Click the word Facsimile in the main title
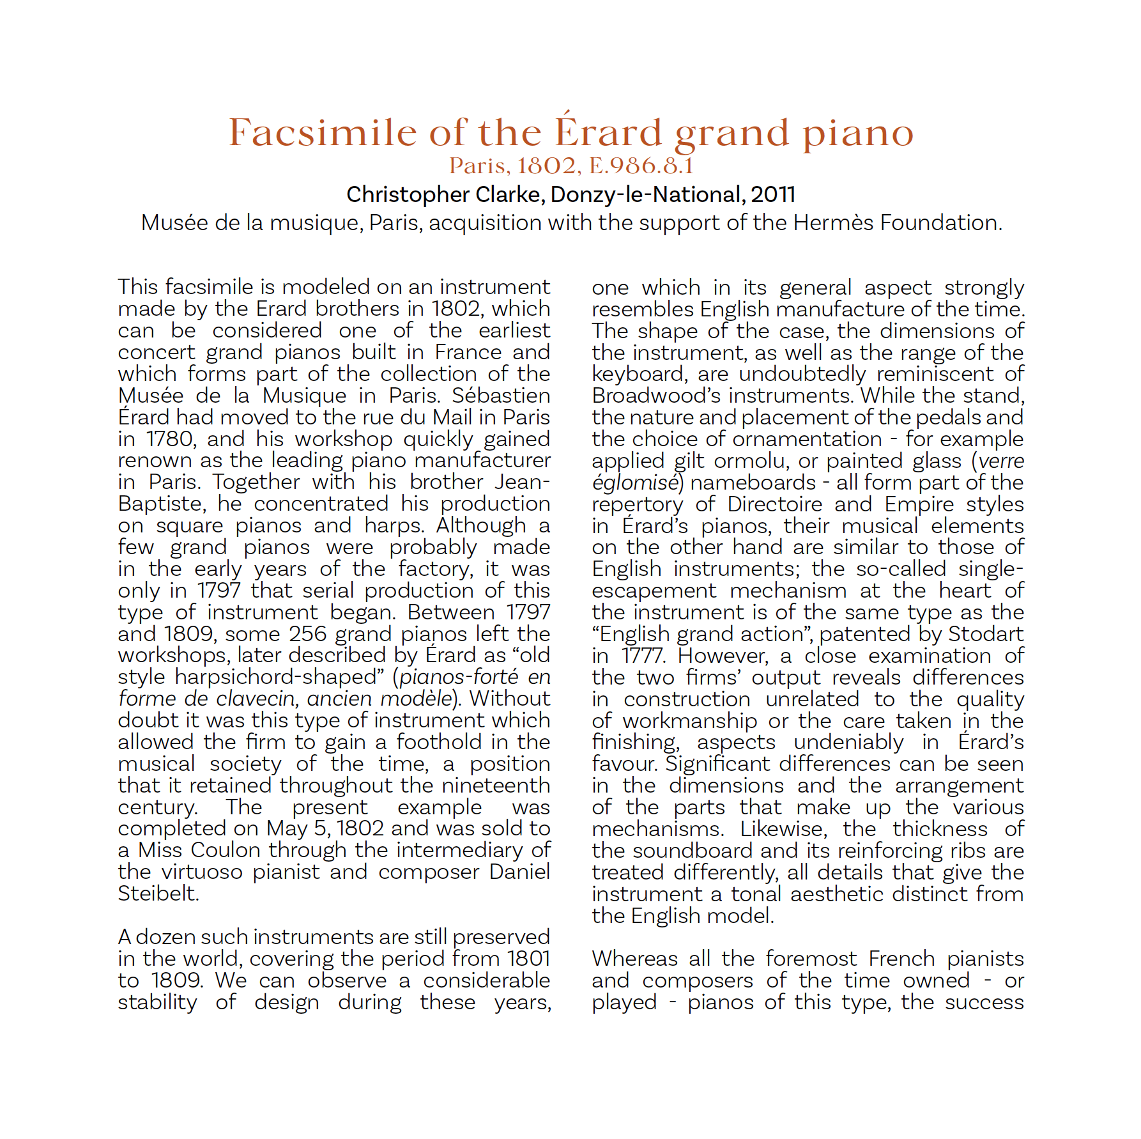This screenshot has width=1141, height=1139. [x=323, y=133]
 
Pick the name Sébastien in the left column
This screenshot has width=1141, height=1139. [x=501, y=396]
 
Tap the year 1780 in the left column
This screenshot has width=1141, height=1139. [x=170, y=439]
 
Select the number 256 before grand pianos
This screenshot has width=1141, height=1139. [x=309, y=634]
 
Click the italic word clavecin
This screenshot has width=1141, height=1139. [x=257, y=699]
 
